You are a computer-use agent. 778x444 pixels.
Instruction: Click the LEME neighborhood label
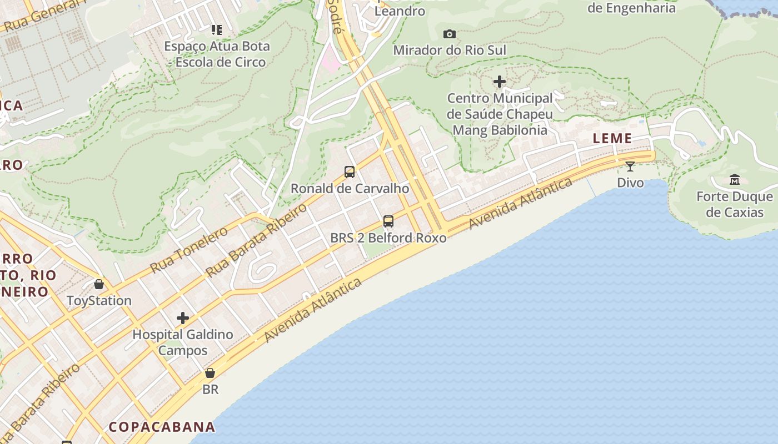click(612, 138)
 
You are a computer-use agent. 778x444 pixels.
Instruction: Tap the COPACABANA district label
click(162, 427)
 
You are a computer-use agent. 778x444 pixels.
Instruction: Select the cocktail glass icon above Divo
click(630, 166)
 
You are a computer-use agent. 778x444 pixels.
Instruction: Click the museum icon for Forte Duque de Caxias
click(735, 179)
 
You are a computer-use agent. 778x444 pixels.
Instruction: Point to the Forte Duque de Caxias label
click(735, 204)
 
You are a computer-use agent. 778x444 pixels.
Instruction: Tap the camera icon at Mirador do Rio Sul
click(450, 34)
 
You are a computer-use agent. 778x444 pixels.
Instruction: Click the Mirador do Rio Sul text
click(450, 50)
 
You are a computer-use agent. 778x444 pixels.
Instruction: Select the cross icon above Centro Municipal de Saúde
click(500, 82)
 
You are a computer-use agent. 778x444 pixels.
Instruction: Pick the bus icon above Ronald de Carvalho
click(349, 172)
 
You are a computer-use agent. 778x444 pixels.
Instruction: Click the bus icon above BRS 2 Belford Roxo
click(388, 221)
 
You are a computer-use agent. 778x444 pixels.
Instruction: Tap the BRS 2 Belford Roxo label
click(388, 238)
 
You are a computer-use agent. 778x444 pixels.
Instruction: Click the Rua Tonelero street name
click(189, 250)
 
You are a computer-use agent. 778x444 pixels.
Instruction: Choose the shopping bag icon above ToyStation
click(99, 284)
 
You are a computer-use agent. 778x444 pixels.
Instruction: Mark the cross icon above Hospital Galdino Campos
click(183, 318)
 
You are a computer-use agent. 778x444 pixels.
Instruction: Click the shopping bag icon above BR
click(210, 373)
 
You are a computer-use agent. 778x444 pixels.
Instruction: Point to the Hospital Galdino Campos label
click(183, 342)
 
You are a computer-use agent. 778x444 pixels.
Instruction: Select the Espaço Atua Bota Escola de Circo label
click(217, 54)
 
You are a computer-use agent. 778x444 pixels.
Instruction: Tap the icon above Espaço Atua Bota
click(217, 29)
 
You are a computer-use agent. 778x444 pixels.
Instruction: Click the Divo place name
click(630, 183)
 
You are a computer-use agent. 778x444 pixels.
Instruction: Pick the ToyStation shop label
click(99, 301)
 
